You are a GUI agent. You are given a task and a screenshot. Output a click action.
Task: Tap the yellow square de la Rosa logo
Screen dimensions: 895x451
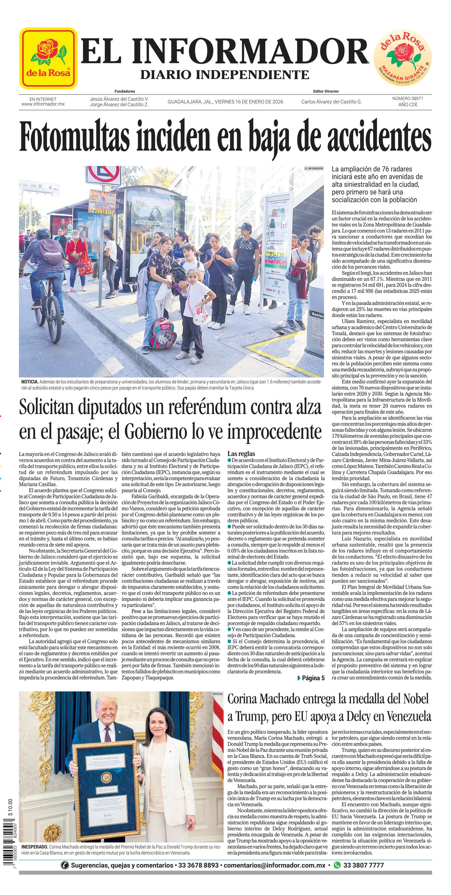48,58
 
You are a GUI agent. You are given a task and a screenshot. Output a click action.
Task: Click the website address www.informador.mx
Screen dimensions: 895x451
43,104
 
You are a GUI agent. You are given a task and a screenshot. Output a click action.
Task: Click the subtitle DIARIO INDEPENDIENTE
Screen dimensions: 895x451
225,74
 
